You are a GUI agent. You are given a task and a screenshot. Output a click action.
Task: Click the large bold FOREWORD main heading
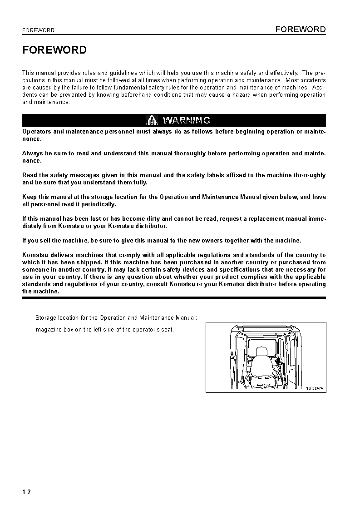54,50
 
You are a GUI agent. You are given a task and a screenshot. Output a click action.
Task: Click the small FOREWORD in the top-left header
38,30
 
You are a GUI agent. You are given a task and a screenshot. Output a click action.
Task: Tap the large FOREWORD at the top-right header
301,30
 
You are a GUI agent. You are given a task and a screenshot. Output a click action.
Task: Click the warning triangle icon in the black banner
151,120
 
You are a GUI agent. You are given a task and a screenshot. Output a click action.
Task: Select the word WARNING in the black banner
186,120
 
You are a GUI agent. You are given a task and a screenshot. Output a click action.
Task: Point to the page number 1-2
26,492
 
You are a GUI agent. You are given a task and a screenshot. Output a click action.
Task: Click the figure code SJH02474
314,388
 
